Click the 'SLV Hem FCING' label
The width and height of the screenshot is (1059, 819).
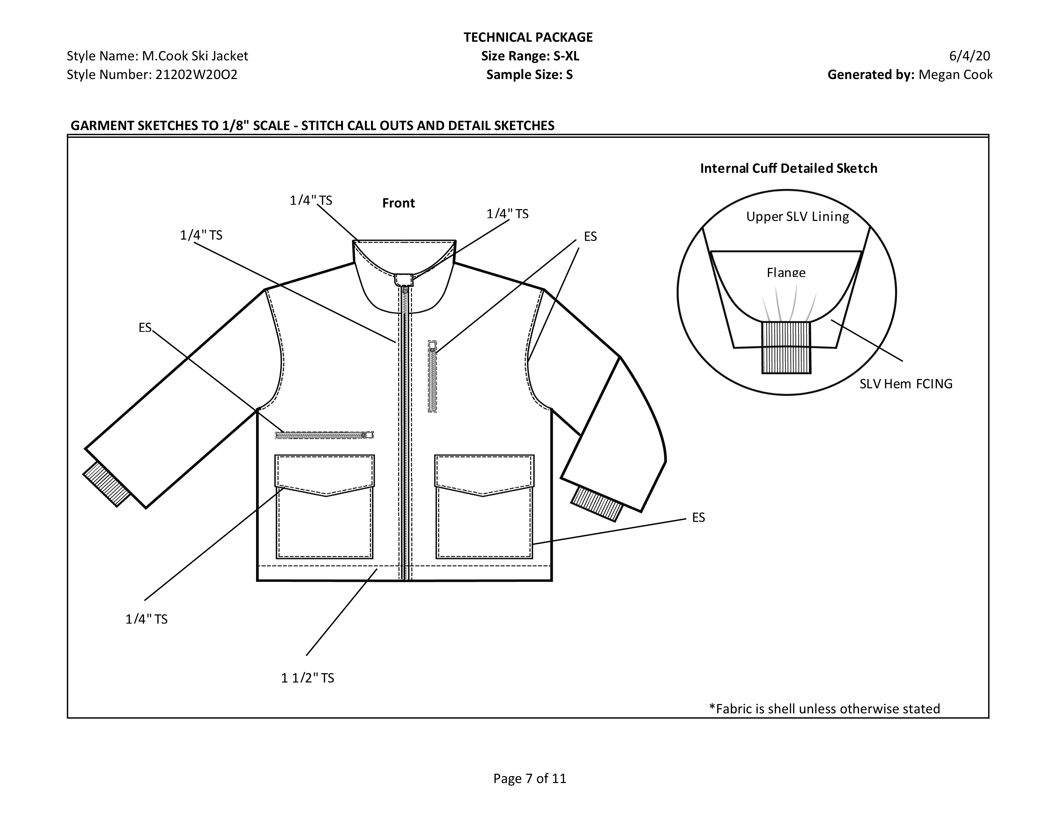(906, 384)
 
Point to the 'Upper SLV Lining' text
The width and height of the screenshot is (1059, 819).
(797, 216)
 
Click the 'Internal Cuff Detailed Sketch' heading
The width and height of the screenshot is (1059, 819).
(788, 168)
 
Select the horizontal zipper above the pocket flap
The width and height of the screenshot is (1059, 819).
(324, 435)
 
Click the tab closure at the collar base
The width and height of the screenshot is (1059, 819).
(403, 280)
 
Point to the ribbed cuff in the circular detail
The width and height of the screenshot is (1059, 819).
(786, 348)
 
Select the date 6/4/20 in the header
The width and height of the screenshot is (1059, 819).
(969, 56)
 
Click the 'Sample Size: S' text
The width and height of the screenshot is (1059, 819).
(529, 75)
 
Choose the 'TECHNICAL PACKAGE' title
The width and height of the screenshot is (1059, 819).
(528, 37)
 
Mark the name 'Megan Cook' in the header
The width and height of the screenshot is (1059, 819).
(955, 75)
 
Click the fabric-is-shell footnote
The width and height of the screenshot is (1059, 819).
(824, 709)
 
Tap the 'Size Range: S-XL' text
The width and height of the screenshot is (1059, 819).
(530, 56)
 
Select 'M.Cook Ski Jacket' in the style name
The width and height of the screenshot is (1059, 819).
(194, 56)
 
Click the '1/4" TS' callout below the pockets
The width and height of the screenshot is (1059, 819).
(146, 619)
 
